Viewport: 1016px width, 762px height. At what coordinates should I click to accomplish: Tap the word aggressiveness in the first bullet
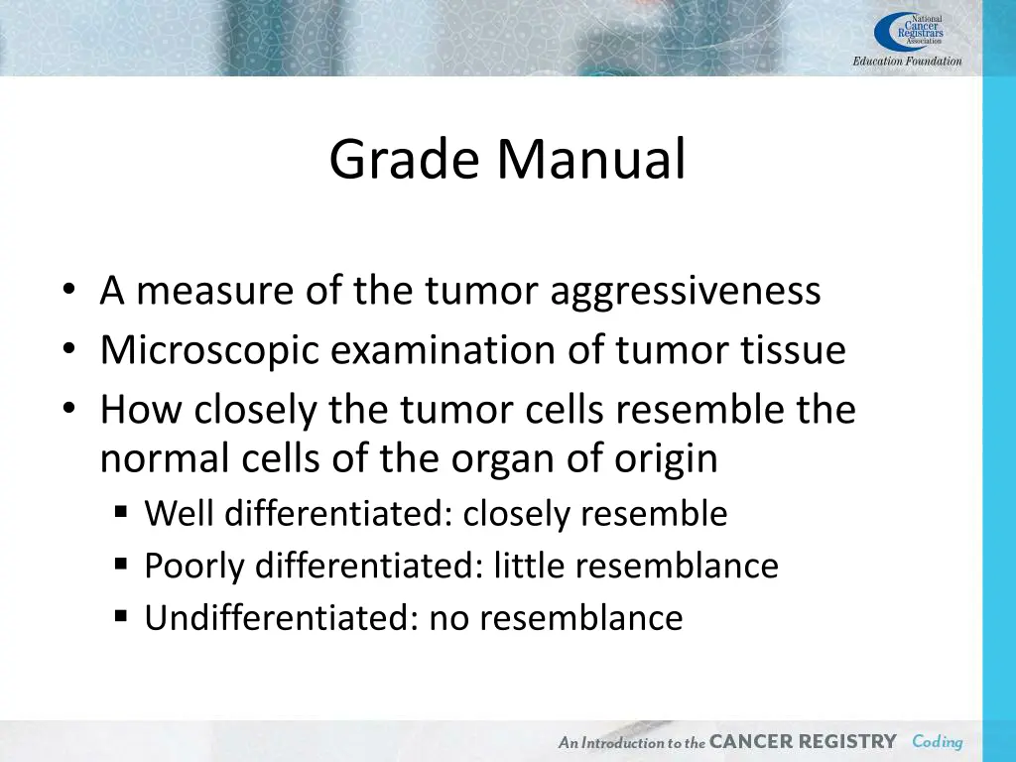pyautogui.click(x=685, y=291)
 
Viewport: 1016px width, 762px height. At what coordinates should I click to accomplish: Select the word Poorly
pyautogui.click(x=195, y=566)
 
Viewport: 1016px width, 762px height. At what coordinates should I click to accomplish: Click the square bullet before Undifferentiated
pyautogui.click(x=121, y=616)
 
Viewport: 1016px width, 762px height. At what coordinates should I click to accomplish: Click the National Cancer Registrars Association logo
pyautogui.click(x=908, y=32)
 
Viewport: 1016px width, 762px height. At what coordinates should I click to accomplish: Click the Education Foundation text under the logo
pyautogui.click(x=907, y=62)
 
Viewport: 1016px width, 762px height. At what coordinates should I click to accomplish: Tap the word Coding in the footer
pyautogui.click(x=937, y=741)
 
